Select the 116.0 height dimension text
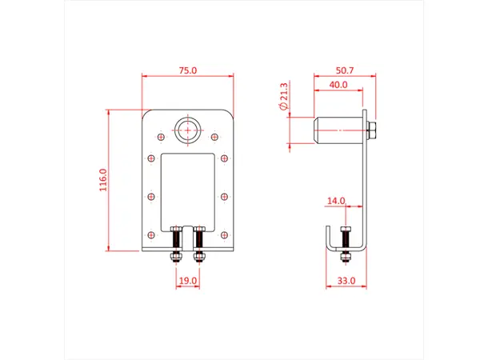coord(102,179)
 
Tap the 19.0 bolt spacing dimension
coord(186,280)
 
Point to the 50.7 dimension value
coord(345,71)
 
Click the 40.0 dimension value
coord(338,84)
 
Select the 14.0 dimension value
coord(335,201)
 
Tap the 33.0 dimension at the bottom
coord(345,280)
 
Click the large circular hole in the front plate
coord(189,129)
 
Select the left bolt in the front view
coord(176,243)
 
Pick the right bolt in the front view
coord(198,243)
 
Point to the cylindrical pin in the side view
coord(337,129)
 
